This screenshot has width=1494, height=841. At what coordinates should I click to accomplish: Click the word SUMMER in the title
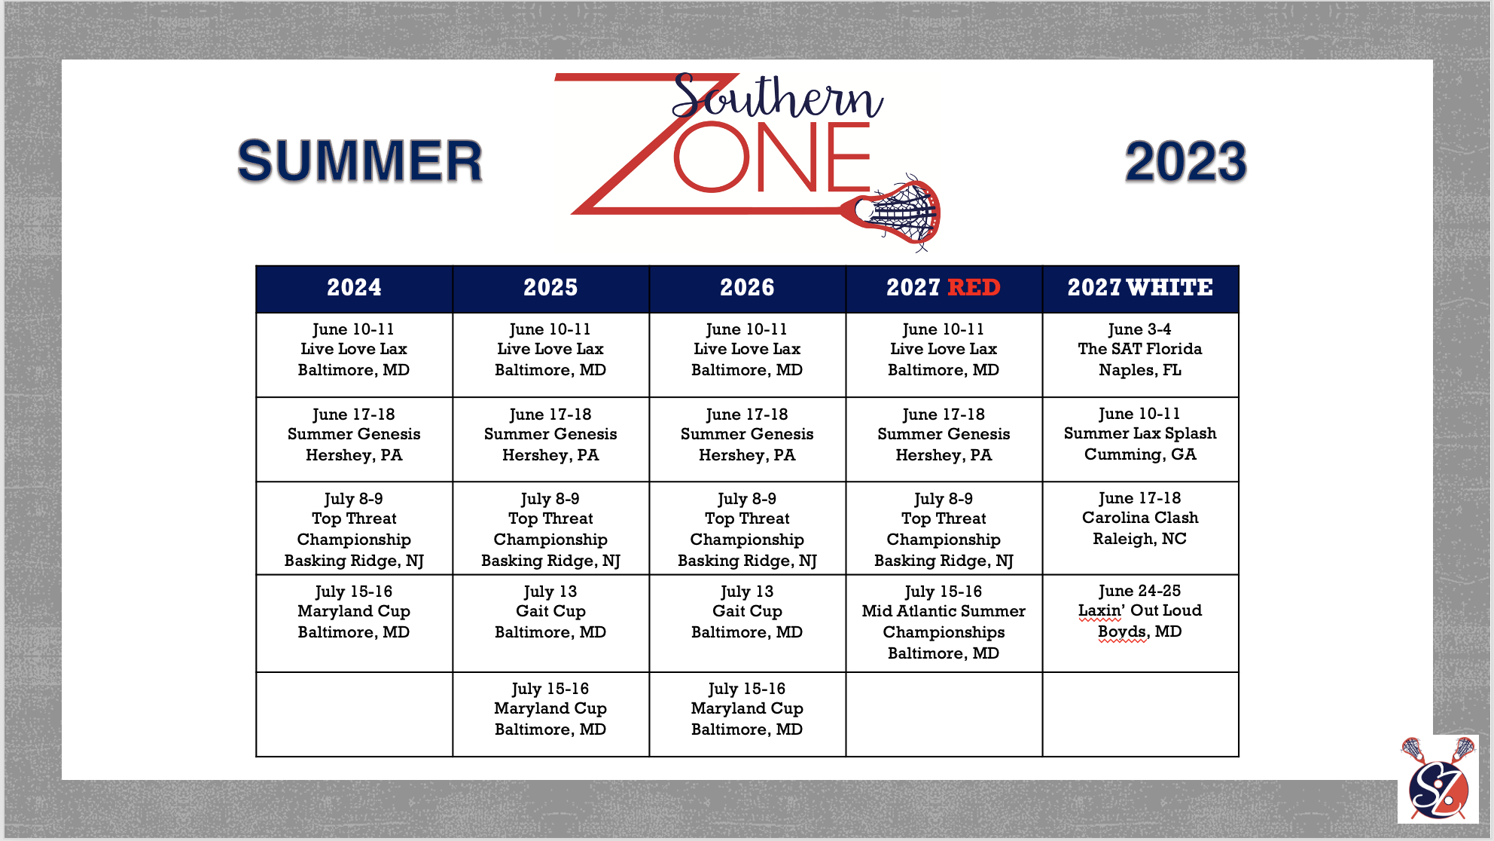[360, 161]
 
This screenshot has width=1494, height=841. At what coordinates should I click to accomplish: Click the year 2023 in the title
[1185, 162]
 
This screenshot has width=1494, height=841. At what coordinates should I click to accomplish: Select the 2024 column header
[354, 288]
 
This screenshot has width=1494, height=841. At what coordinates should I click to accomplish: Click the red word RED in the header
[974, 287]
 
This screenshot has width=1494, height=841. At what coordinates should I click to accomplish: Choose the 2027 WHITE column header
[1140, 288]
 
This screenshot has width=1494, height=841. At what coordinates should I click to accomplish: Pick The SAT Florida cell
[1140, 354]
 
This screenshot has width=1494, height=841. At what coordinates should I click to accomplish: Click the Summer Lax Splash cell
[1140, 439]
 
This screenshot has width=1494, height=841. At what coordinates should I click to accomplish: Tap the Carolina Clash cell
[1140, 528]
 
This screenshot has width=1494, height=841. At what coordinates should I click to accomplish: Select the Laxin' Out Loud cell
[1140, 623]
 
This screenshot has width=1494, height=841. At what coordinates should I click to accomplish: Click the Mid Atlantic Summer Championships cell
[944, 623]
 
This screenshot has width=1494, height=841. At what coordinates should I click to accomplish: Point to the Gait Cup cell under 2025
[550, 623]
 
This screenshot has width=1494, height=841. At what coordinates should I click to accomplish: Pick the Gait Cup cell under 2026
[747, 623]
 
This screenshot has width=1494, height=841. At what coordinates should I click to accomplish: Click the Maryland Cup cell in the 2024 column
[354, 623]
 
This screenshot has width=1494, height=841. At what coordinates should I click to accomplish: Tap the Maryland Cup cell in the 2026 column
[747, 714]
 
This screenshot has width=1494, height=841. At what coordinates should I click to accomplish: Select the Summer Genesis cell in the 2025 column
[550, 439]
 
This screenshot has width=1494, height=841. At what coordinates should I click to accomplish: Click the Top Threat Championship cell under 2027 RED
[944, 528]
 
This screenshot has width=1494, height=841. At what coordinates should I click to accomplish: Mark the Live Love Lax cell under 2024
[354, 354]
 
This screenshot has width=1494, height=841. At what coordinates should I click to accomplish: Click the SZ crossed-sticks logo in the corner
[1438, 778]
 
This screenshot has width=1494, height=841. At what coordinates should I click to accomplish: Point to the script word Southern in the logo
[777, 96]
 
